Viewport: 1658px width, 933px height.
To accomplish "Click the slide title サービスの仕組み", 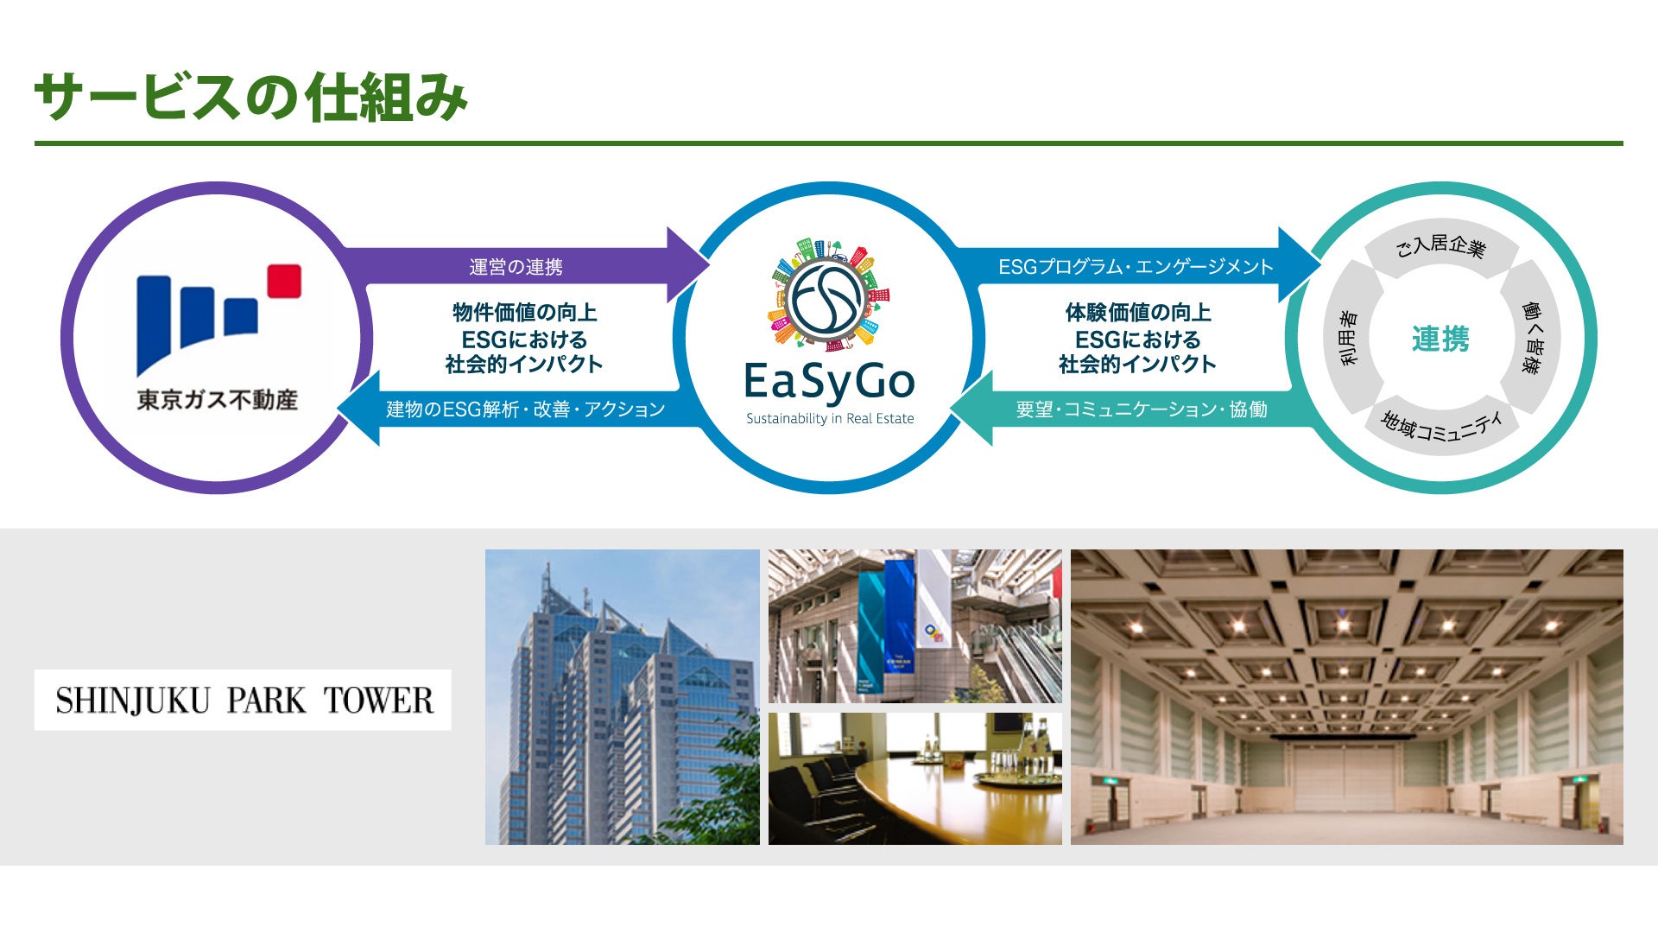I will (x=250, y=97).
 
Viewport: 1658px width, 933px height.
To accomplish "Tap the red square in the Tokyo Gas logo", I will (x=284, y=281).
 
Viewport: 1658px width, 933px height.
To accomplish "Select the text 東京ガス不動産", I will (x=218, y=400).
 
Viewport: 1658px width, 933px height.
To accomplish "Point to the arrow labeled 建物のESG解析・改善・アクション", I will (x=525, y=409).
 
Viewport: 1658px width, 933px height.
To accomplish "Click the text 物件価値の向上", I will (x=524, y=312).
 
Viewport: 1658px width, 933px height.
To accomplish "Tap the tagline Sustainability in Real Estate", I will (x=830, y=419).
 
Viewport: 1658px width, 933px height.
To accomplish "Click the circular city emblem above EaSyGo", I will (x=829, y=295).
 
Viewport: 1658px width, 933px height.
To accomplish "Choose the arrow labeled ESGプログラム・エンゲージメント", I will (x=1135, y=267).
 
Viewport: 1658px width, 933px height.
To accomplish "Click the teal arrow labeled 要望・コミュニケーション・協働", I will (x=1141, y=409).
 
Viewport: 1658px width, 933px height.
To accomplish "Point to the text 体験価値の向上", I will (x=1137, y=312).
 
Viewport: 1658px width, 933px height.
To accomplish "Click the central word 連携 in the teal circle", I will (x=1440, y=339).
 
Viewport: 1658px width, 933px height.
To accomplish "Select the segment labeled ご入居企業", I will (x=1440, y=247).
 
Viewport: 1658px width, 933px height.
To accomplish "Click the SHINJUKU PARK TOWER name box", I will (x=243, y=700).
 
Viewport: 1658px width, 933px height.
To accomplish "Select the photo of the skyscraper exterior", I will (x=622, y=696).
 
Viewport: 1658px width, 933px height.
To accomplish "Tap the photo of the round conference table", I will (x=914, y=778).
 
